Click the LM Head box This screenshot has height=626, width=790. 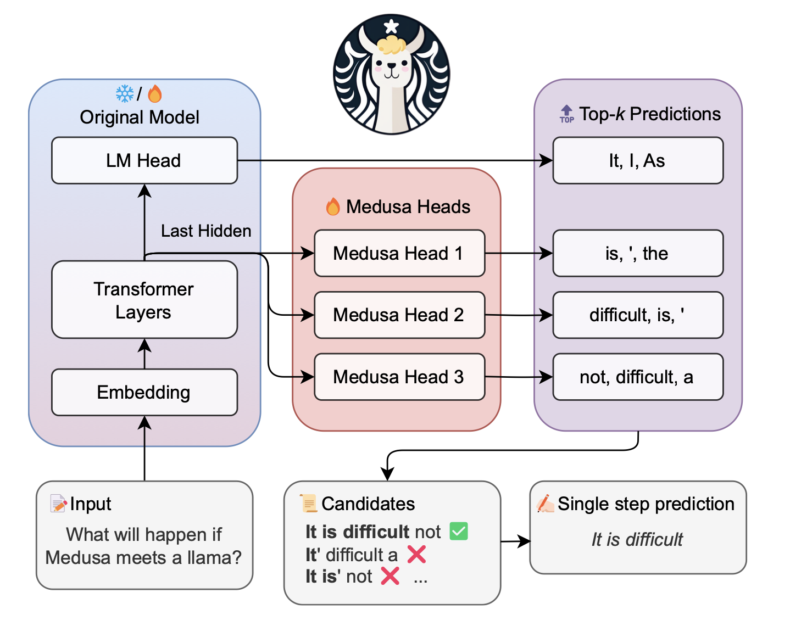coord(144,160)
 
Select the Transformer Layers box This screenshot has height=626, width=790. coord(144,300)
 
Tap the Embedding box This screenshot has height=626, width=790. coord(144,392)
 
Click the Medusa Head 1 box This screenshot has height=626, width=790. coord(399,253)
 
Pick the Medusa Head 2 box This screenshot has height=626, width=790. coord(399,315)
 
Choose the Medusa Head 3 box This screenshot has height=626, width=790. coord(399,377)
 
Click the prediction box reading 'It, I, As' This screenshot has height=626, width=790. coord(637,160)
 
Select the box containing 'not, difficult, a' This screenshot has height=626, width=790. coord(637,377)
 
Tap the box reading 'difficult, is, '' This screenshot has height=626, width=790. coord(637,315)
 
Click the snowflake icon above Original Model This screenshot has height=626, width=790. coord(125,94)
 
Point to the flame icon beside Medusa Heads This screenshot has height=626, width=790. coord(333,206)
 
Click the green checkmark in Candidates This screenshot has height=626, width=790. coord(459,531)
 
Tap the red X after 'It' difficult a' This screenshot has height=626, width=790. coord(416,554)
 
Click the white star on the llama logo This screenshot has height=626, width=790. coord(391,26)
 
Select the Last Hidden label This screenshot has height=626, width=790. coord(206,231)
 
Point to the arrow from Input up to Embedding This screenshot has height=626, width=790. coord(144,450)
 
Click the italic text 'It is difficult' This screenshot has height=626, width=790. coord(637,539)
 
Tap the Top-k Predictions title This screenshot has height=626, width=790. coord(649,114)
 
